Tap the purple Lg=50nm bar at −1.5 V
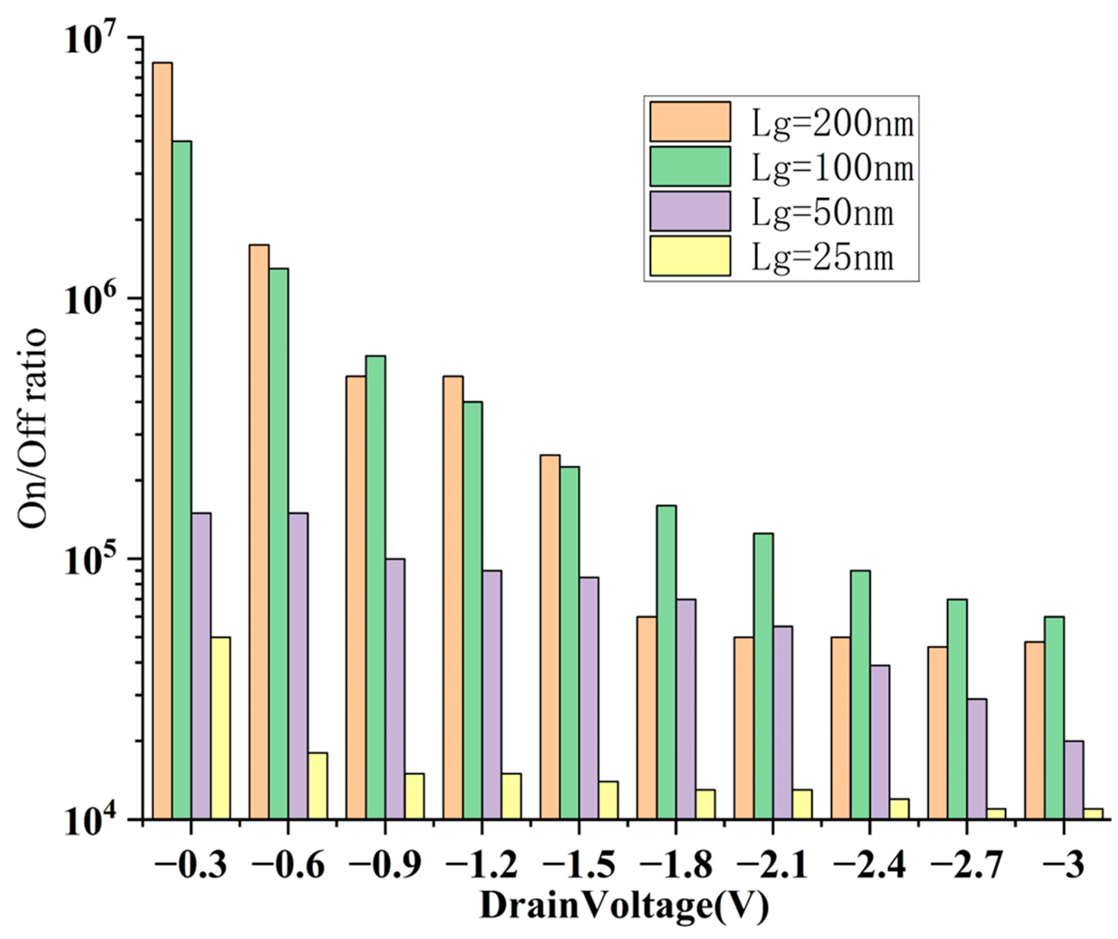(589, 698)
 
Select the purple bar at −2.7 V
(976, 759)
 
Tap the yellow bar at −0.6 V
(317, 786)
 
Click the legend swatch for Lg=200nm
(690, 122)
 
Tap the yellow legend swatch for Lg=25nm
(690, 256)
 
